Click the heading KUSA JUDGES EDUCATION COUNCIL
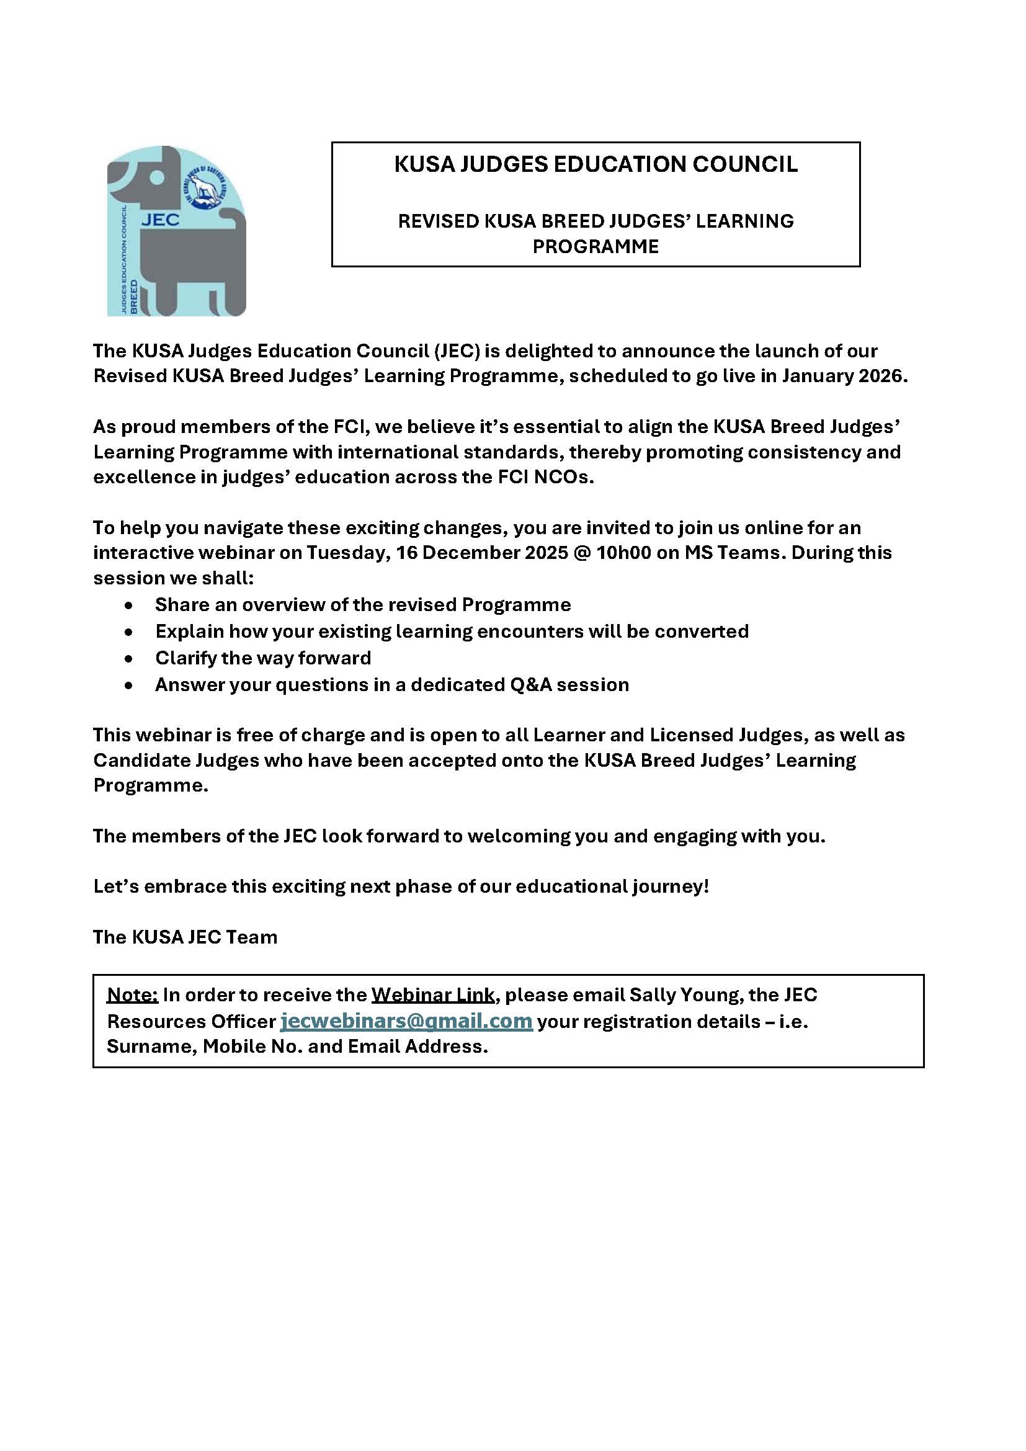coord(595,164)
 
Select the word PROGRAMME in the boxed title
coord(595,246)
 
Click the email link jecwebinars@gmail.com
coord(406,1021)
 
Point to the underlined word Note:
coord(132,994)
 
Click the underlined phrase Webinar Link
coord(433,994)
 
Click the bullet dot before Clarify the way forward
coord(129,659)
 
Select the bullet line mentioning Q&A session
coord(391,684)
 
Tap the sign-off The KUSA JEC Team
coord(185,937)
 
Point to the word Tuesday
coord(346,552)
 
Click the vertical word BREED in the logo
coord(133,296)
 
